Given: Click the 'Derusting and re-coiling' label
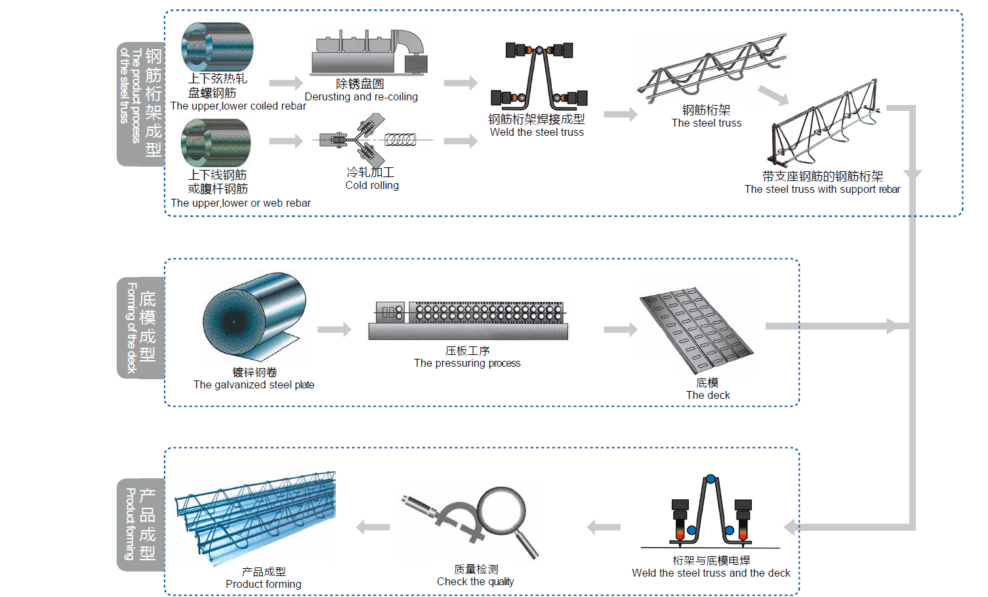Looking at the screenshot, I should click(x=361, y=97).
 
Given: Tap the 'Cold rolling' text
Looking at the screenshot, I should click(x=372, y=186).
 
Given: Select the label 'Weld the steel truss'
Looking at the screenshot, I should click(x=537, y=133).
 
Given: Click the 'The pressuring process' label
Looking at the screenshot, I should click(x=467, y=363).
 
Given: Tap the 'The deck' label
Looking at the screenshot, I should click(x=708, y=396).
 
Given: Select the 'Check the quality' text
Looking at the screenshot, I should click(x=476, y=582).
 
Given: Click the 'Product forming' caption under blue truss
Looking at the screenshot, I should click(x=264, y=585).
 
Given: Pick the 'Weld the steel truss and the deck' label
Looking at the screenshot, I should click(x=711, y=573).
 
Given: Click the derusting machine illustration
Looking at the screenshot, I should click(x=368, y=52).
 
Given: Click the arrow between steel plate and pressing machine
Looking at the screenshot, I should click(x=335, y=329).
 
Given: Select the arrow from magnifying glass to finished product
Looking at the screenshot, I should click(x=373, y=527).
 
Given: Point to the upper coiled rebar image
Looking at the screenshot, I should click(x=217, y=47).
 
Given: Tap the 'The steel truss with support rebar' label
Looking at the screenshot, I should click(x=822, y=190).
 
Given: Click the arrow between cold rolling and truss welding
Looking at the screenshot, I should click(x=461, y=141).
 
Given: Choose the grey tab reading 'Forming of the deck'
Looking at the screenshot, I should click(x=140, y=328).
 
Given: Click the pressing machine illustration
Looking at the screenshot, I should click(x=468, y=320).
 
